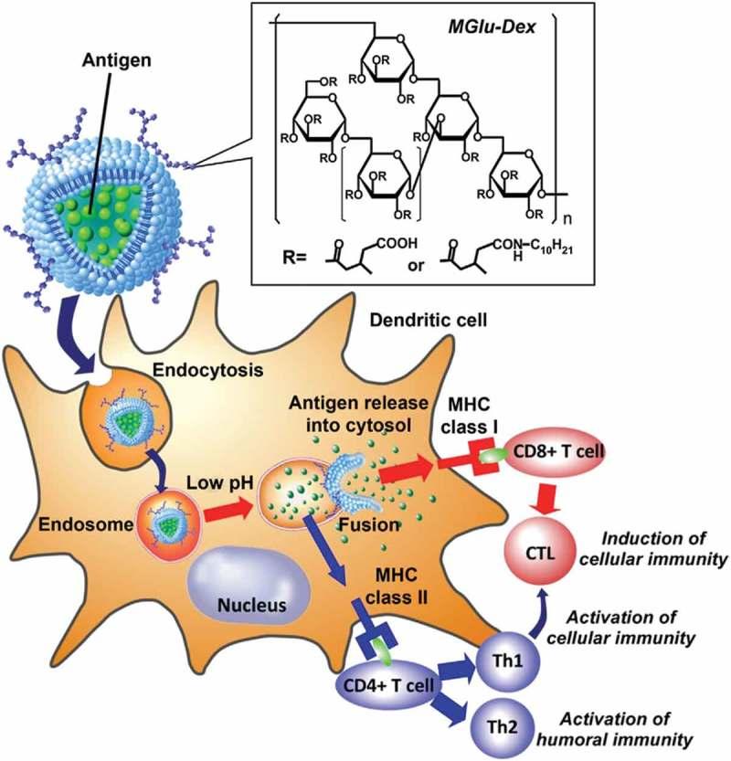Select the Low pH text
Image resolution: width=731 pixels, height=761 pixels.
(x=220, y=481)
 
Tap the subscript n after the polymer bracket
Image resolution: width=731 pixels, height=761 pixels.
(x=567, y=220)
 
